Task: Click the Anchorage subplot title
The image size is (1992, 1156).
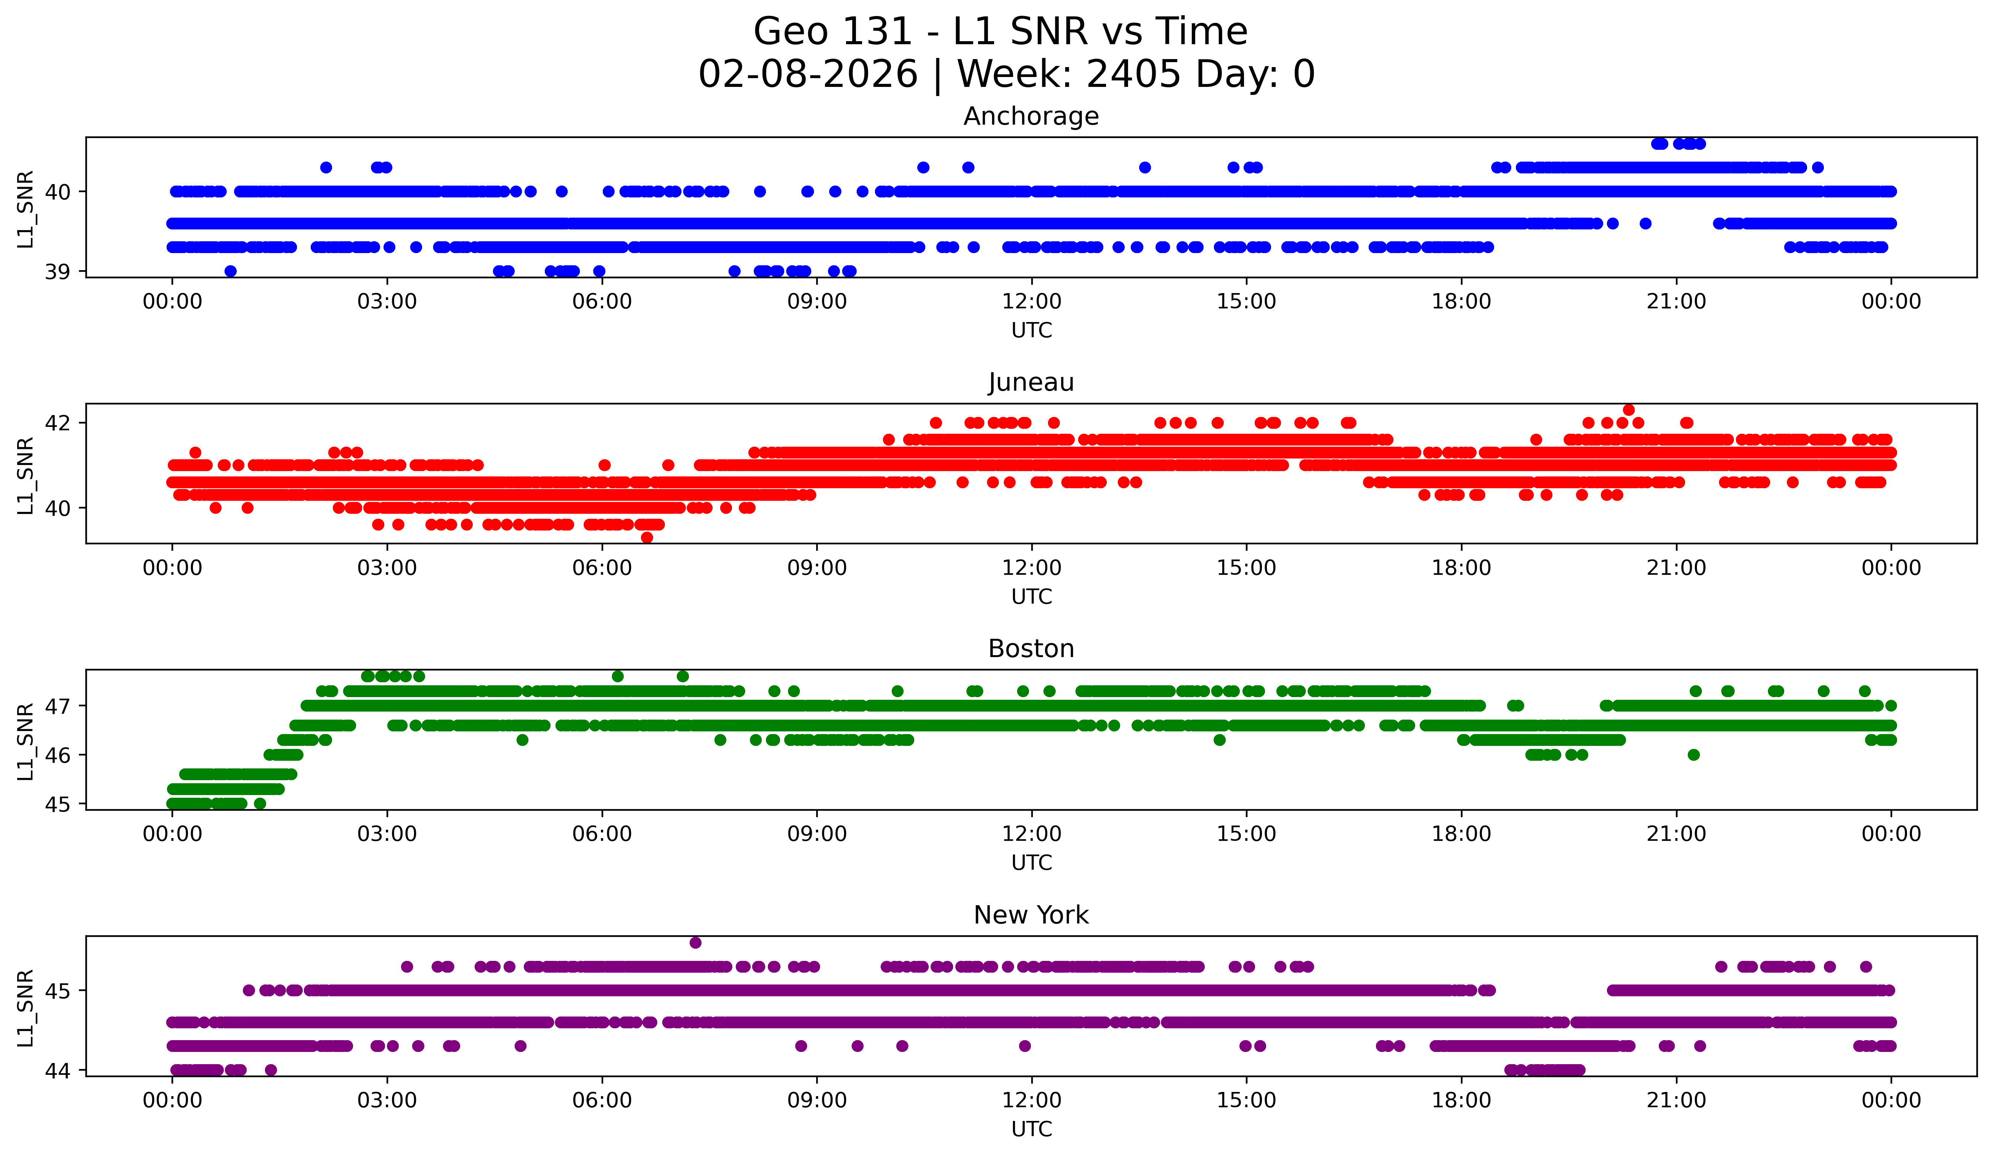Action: (1031, 116)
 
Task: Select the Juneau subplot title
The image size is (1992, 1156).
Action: (1031, 382)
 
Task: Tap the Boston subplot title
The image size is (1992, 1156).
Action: (1031, 649)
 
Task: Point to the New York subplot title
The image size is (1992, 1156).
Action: (1031, 915)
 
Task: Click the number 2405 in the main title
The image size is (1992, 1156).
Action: (1133, 74)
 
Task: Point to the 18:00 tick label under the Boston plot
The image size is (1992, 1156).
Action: (1461, 834)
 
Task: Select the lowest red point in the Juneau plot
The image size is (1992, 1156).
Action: (647, 537)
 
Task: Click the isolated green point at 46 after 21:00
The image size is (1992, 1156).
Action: (1693, 755)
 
